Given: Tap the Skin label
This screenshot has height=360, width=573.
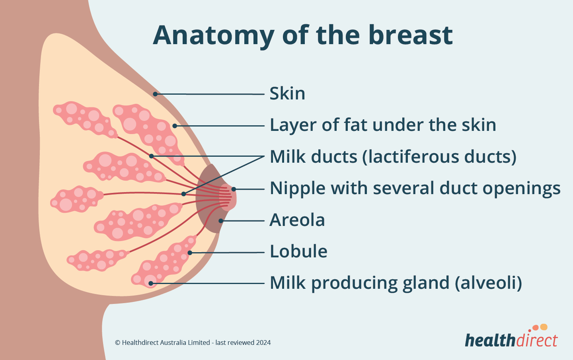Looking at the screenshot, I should tap(287, 93).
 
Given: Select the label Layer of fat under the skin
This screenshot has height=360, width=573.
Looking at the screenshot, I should tap(383, 125).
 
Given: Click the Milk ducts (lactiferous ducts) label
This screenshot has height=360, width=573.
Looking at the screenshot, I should tap(393, 157).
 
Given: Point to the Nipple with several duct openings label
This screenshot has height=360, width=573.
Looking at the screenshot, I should tap(415, 188).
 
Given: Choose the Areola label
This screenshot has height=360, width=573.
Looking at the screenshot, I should tap(297, 220).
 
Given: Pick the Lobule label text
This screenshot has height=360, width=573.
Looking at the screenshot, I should tap(298, 251).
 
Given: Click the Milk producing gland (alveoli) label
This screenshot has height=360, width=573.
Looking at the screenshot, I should tap(396, 283).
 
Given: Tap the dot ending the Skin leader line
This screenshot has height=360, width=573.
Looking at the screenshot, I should tap(156, 94).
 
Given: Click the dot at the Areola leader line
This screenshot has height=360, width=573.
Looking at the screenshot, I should tap(220, 221).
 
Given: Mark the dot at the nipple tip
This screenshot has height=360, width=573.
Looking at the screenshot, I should tap(234, 189).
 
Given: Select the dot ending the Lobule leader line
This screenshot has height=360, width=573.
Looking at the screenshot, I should tap(190, 253).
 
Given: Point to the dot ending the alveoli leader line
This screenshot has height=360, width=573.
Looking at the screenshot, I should tap(151, 283).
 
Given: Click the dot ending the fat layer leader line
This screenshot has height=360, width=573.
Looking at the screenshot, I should tap(174, 126).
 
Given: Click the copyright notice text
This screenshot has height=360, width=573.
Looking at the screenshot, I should tap(193, 342).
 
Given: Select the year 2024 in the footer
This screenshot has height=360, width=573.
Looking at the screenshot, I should tap(263, 342).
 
